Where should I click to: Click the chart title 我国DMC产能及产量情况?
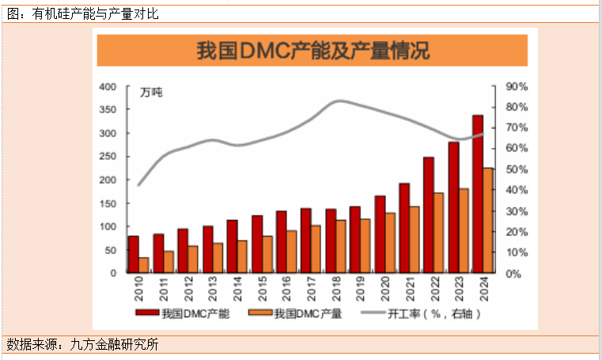(x=315, y=51)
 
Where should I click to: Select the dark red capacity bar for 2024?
(x=477, y=194)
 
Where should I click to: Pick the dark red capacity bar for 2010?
(x=133, y=254)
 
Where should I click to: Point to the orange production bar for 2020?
(x=390, y=242)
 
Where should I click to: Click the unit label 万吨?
(x=151, y=93)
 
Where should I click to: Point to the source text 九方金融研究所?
(x=115, y=344)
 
